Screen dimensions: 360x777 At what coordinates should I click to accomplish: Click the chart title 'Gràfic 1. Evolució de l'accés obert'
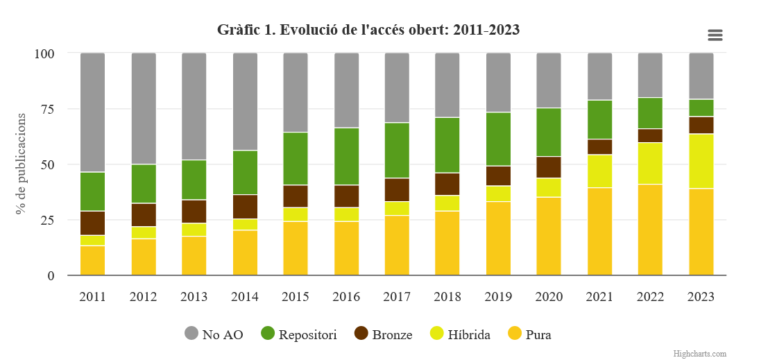(368, 30)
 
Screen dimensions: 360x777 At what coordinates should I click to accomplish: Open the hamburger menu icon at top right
(715, 35)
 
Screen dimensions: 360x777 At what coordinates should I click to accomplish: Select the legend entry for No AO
(214, 334)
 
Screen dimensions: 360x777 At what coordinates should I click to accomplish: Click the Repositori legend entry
(299, 334)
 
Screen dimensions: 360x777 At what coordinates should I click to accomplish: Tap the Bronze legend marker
(361, 334)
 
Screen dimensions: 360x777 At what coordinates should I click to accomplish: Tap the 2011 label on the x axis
(92, 297)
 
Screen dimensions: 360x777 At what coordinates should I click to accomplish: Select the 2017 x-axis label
(397, 297)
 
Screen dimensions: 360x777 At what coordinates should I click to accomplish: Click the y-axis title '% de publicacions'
(22, 164)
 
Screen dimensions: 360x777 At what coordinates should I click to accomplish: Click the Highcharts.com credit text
(700, 354)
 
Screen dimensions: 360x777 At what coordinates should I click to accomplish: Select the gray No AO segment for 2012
(144, 108)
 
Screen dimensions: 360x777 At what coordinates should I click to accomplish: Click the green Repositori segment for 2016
(346, 156)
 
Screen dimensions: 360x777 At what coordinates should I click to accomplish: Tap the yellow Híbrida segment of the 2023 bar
(701, 161)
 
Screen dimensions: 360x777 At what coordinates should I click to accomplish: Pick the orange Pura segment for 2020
(549, 236)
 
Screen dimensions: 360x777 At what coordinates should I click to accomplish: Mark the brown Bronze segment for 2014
(245, 207)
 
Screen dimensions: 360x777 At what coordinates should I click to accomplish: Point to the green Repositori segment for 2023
(701, 108)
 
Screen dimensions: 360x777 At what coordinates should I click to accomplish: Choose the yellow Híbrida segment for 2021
(599, 171)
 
